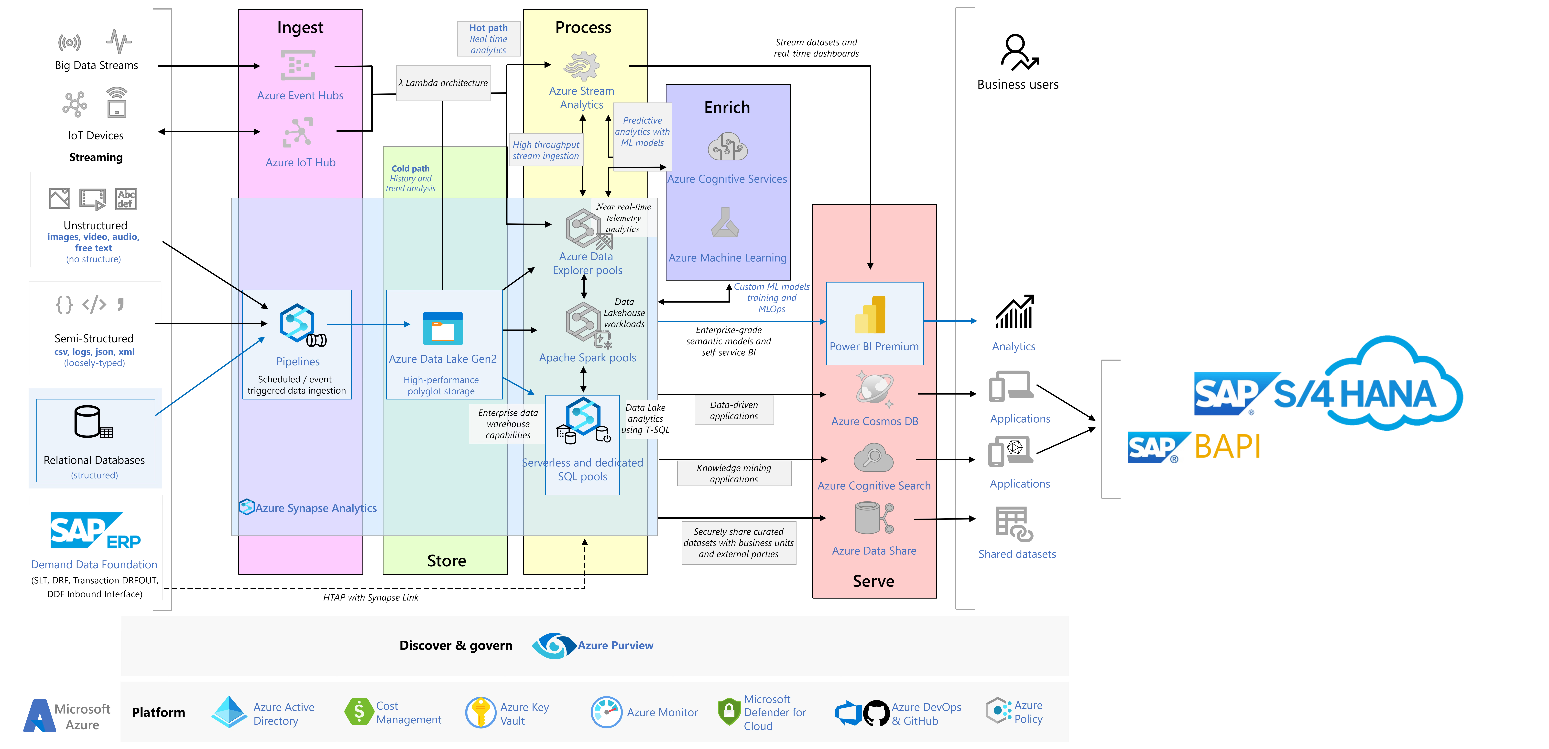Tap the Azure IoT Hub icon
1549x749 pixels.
[x=298, y=132]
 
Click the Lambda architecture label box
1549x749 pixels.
[x=443, y=83]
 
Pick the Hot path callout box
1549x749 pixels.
[x=488, y=38]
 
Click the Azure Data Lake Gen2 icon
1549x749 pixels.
[x=443, y=328]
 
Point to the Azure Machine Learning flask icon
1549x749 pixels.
[x=725, y=223]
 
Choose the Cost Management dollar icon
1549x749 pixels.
[x=359, y=712]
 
